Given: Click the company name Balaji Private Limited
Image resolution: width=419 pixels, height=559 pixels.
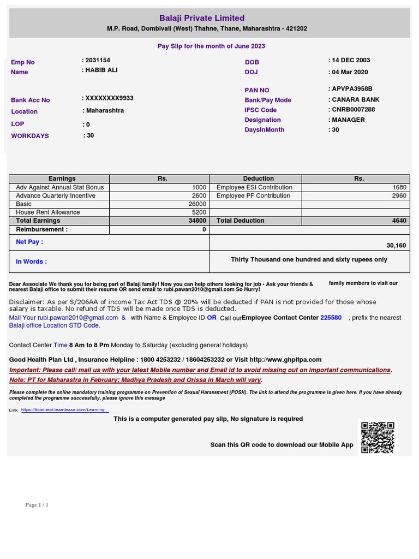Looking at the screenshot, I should pyautogui.click(x=202, y=18).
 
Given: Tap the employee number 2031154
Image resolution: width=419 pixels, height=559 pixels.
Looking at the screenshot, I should pyautogui.click(x=98, y=61).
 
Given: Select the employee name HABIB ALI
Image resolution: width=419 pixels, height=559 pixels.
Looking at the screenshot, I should pyautogui.click(x=101, y=70).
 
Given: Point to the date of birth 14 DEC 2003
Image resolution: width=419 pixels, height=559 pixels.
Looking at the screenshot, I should pyautogui.click(x=351, y=61).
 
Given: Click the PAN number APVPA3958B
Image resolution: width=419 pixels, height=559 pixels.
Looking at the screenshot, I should pyautogui.click(x=352, y=88).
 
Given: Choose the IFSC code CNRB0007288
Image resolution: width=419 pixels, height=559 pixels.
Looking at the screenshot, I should pyautogui.click(x=354, y=110).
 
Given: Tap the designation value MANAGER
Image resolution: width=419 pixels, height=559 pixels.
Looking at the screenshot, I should pyautogui.click(x=348, y=120).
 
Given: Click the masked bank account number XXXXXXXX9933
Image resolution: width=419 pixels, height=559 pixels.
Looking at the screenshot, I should pyautogui.click(x=109, y=98).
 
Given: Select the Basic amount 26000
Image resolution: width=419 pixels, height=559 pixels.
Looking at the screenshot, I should pyautogui.click(x=197, y=204).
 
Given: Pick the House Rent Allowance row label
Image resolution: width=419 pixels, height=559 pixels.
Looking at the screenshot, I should pyautogui.click(x=48, y=212).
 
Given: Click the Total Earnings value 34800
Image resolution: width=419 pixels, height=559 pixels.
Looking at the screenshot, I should pyautogui.click(x=197, y=221).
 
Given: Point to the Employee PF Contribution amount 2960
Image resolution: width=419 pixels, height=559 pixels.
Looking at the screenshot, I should pyautogui.click(x=399, y=195).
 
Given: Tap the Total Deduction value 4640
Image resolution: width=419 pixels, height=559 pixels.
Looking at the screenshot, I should pyautogui.click(x=399, y=221).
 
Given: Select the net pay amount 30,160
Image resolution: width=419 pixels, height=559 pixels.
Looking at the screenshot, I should pyautogui.click(x=396, y=246).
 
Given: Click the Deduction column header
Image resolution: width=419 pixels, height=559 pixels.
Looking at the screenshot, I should pyautogui.click(x=259, y=179).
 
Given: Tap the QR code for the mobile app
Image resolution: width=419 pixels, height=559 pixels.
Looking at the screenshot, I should pyautogui.click(x=378, y=437).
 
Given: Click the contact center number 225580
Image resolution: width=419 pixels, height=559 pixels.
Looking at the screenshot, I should pyautogui.click(x=331, y=318).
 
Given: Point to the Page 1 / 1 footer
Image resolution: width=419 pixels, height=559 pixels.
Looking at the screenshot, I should pyautogui.click(x=37, y=505).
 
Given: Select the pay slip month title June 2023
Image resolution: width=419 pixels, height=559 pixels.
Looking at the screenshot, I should pyautogui.click(x=211, y=46).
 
